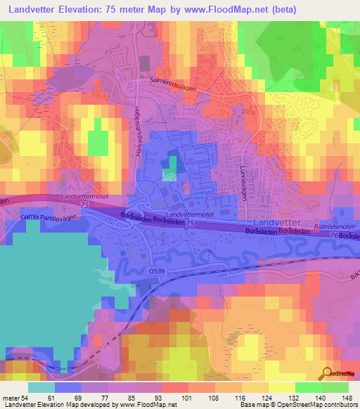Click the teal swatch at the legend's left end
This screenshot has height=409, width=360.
[x=41, y=387]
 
